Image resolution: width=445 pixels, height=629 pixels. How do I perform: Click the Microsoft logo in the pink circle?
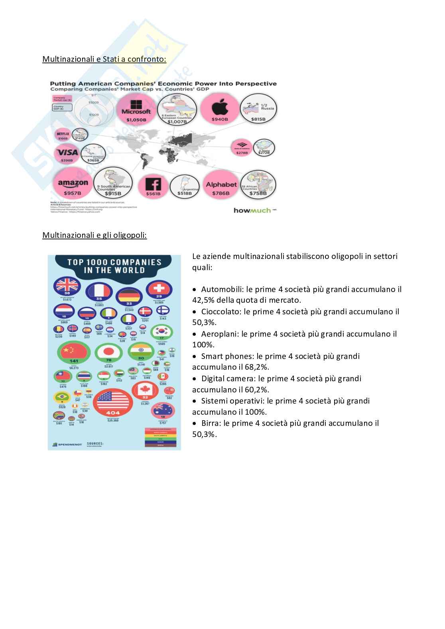coord(136,107)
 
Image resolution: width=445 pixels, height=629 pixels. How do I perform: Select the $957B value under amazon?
coord(73,193)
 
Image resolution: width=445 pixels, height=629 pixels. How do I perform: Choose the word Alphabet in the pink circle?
coord(221,184)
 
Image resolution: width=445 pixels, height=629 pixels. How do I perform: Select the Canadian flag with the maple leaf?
coord(145,391)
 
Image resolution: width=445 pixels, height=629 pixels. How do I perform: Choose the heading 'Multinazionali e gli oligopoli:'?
coord(95,235)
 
